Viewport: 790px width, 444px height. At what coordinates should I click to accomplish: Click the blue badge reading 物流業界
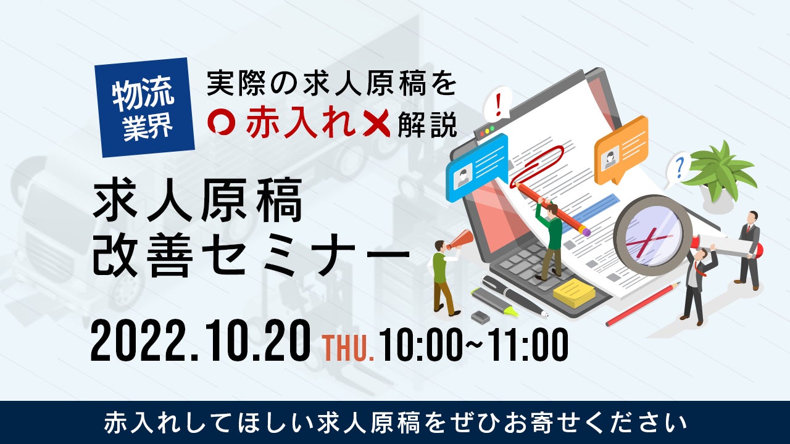pyautogui.click(x=145, y=107)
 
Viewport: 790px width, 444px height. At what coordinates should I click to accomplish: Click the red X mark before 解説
pyautogui.click(x=376, y=123)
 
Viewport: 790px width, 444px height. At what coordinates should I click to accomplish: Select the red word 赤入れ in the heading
pyautogui.click(x=299, y=123)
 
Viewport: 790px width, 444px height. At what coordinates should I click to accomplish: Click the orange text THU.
pyautogui.click(x=348, y=348)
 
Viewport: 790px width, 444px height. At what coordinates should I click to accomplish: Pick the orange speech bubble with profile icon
pyautogui.click(x=621, y=150)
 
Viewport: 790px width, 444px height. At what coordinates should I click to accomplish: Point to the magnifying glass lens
pyautogui.click(x=649, y=231)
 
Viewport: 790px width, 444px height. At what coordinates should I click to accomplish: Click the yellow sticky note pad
pyautogui.click(x=574, y=292)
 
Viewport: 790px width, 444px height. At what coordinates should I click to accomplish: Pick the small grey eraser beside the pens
pyautogui.click(x=480, y=316)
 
